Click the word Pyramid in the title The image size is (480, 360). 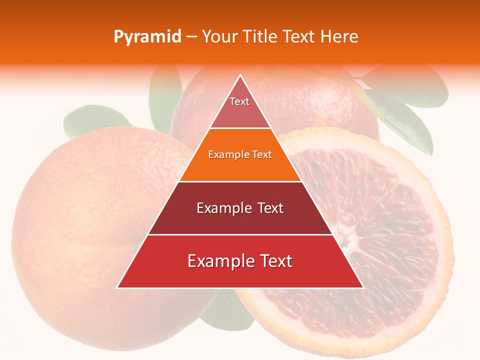pyautogui.click(x=147, y=37)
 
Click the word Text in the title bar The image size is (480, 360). pyautogui.click(x=299, y=37)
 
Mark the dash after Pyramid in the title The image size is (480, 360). pyautogui.click(x=191, y=37)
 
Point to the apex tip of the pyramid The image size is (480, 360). pyautogui.click(x=240, y=76)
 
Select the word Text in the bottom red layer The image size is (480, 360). pyautogui.click(x=274, y=261)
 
